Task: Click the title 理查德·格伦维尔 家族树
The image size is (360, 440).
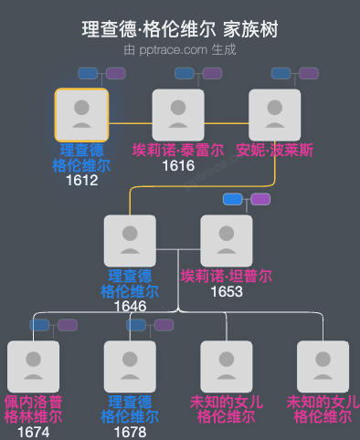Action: (179, 30)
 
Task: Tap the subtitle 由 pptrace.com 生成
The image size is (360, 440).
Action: (179, 49)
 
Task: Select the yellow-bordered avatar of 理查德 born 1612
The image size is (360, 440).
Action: (81, 115)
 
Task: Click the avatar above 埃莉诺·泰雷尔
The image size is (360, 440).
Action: (178, 115)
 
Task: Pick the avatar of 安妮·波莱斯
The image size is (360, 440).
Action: (275, 115)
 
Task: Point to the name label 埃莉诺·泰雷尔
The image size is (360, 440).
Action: (178, 150)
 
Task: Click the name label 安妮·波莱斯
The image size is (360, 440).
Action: (275, 150)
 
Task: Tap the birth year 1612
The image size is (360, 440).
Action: (81, 180)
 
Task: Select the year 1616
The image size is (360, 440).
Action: (178, 165)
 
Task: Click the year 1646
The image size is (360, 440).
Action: (130, 306)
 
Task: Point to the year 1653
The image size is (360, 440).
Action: (227, 291)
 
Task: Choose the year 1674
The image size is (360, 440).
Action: (33, 432)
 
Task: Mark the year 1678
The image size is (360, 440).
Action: (130, 432)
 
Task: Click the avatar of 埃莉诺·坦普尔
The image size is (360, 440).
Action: (227, 241)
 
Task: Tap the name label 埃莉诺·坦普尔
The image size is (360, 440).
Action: (227, 276)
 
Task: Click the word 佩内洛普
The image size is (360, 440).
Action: (33, 402)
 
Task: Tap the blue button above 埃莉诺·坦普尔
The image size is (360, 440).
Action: (233, 199)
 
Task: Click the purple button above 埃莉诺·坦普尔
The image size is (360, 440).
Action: (260, 199)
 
